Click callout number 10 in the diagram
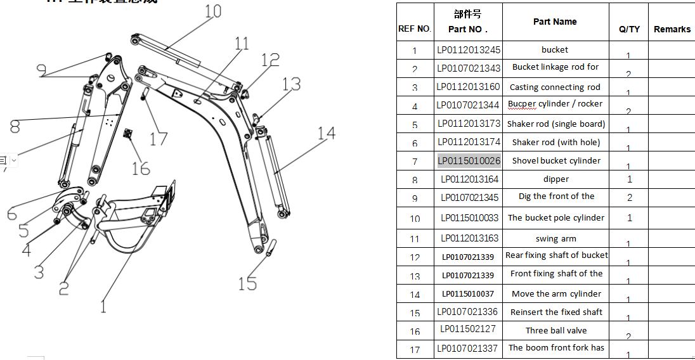213,11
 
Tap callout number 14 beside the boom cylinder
326,134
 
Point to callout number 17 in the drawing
159,138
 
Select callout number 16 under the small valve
141,169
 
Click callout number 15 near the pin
247,283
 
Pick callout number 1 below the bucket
103,307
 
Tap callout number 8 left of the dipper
15,127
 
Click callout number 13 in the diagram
292,84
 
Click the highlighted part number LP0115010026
469,161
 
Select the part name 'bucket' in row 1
555,50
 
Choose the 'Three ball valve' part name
556,330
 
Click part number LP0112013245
469,50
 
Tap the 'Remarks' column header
672,29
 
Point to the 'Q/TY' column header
629,29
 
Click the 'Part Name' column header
555,22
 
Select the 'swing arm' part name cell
556,239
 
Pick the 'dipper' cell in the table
556,179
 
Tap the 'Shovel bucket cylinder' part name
556,161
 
